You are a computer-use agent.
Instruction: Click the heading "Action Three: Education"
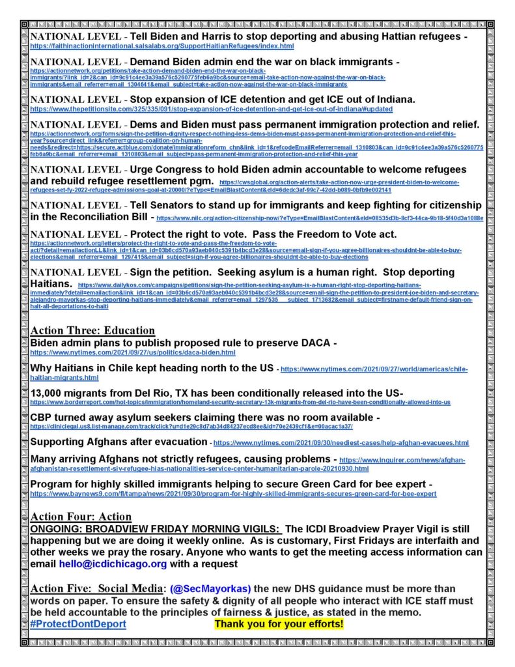pyautogui.click(x=92, y=330)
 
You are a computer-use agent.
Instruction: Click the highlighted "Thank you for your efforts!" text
pyautogui.click(x=279, y=624)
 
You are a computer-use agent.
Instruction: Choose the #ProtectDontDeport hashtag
pyautogui.click(x=78, y=624)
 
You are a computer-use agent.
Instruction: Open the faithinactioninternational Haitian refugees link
pyautogui.click(x=162, y=47)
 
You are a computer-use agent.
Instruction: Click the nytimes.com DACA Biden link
pyautogui.click(x=133, y=352)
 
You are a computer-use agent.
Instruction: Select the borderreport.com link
pyautogui.click(x=240, y=403)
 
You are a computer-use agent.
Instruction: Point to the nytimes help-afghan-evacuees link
pyautogui.click(x=341, y=443)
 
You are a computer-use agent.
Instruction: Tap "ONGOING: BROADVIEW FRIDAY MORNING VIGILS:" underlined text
pyautogui.click(x=156, y=528)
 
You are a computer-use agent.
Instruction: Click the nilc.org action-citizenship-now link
pyautogui.click(x=320, y=218)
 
